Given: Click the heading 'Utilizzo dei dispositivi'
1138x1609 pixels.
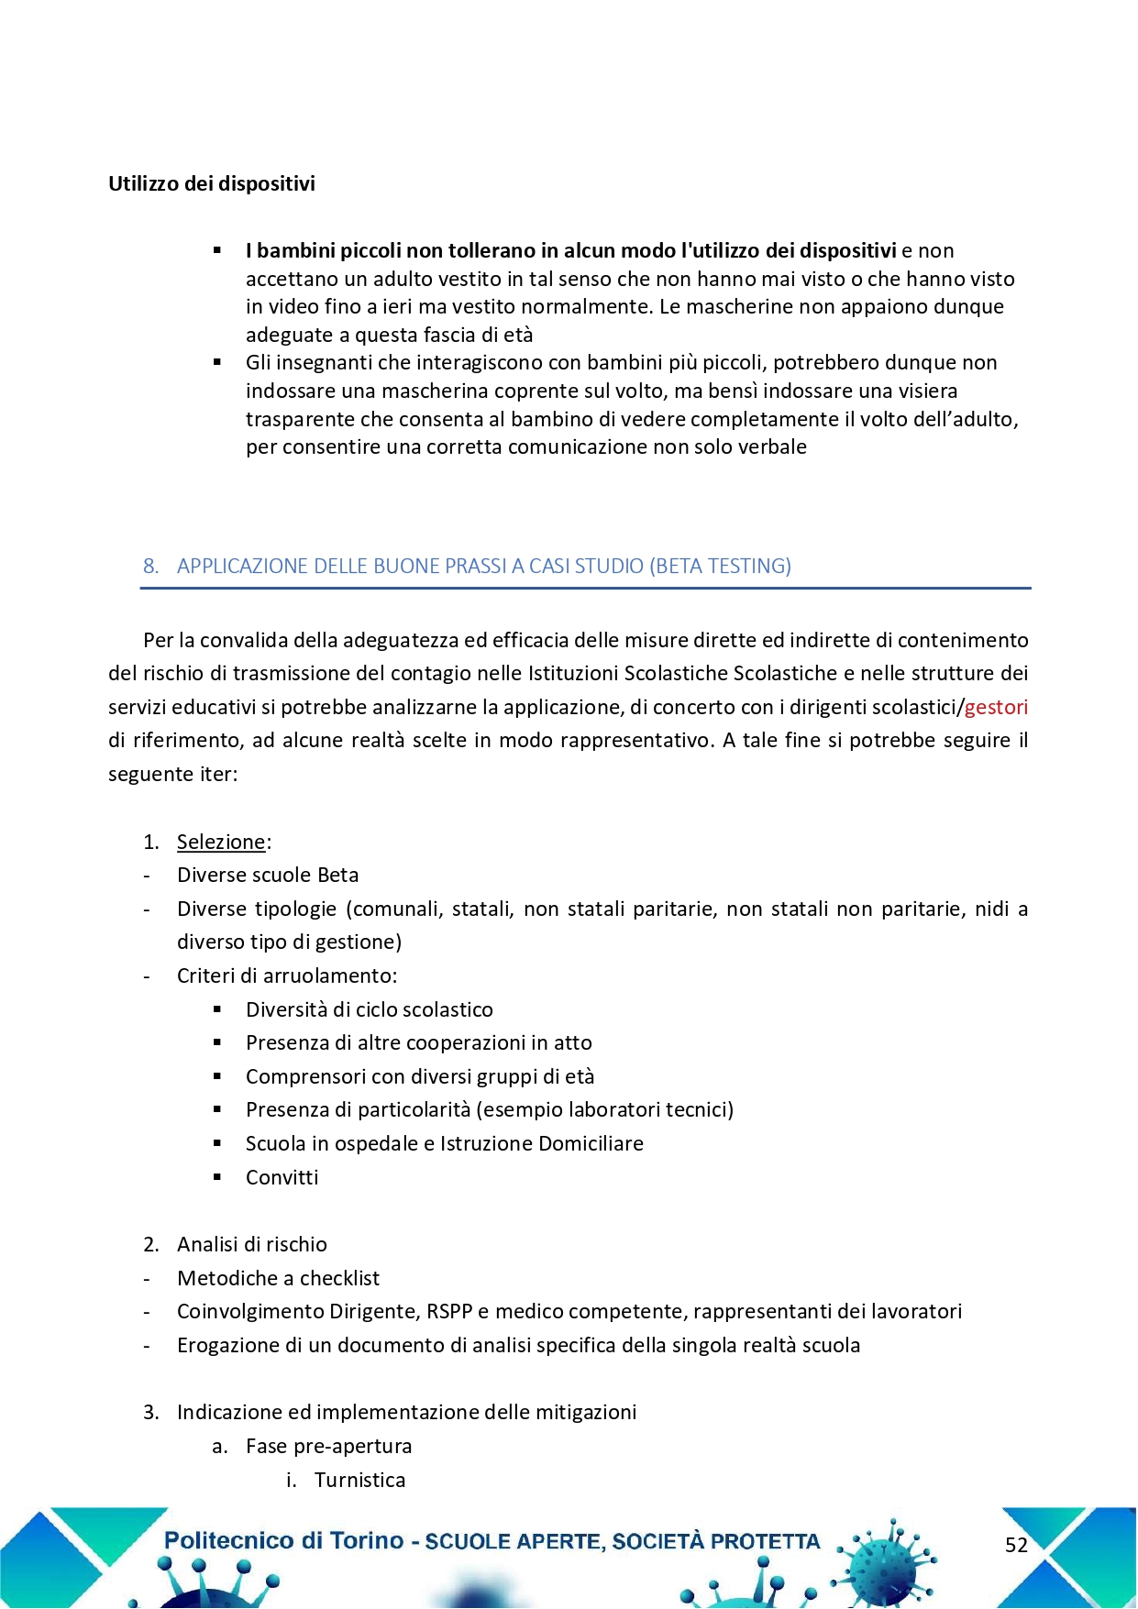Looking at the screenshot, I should pyautogui.click(x=212, y=183).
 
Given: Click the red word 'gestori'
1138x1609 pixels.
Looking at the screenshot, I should pyautogui.click(x=996, y=707).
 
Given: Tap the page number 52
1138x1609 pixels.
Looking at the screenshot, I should pyautogui.click(x=1016, y=1545).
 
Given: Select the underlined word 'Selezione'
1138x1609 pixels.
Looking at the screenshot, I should pyautogui.click(x=221, y=842).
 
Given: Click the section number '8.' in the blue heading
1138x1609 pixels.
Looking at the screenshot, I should pyautogui.click(x=150, y=566).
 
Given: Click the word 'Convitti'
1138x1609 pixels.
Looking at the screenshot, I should pyautogui.click(x=282, y=1177).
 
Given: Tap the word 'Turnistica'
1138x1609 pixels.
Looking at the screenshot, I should pyautogui.click(x=359, y=1480).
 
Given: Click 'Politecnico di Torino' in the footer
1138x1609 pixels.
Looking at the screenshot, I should pyautogui.click(x=283, y=1541).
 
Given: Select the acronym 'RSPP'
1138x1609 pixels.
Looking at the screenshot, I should pyautogui.click(x=448, y=1311).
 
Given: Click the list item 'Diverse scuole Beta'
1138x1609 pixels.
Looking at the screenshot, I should pyautogui.click(x=268, y=875).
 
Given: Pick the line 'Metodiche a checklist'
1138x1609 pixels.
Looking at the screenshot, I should pyautogui.click(x=278, y=1278).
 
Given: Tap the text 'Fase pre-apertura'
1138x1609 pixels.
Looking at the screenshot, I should pyautogui.click(x=328, y=1446).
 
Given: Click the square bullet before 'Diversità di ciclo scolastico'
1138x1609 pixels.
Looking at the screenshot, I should pyautogui.click(x=217, y=1009).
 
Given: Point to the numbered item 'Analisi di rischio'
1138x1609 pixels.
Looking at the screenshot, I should pyautogui.click(x=252, y=1244).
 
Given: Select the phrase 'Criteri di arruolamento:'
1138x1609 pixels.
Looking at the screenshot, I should pyautogui.click(x=286, y=975).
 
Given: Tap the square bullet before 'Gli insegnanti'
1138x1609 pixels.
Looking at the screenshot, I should pyautogui.click(x=217, y=362).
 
